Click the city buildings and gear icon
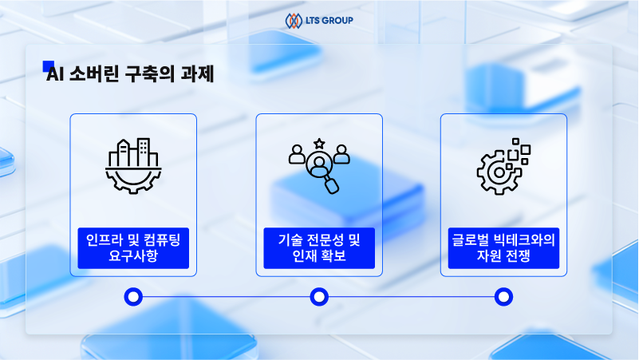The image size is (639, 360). tap(133, 165)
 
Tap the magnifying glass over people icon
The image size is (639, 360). tap(319, 165)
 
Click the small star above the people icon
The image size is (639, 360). tap(319, 143)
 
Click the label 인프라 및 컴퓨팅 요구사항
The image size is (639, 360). tap(133, 248)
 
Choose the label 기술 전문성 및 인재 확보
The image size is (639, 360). tap(319, 248)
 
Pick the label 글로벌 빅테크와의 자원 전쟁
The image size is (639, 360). tap(503, 248)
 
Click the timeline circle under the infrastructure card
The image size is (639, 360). tap(133, 298)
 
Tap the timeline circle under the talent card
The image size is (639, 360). tap(319, 298)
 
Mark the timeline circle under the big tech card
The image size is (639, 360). tap(503, 298)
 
